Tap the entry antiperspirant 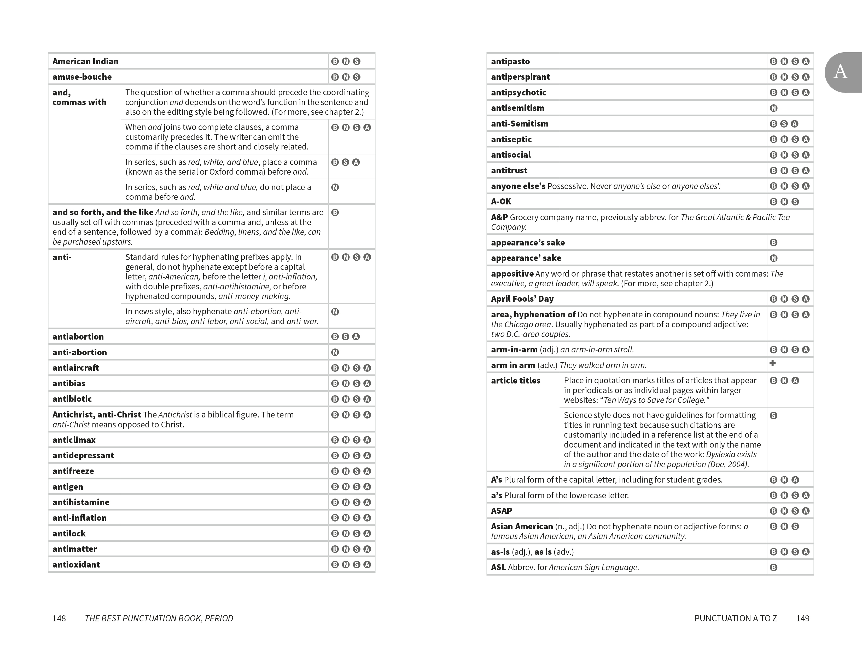(x=520, y=77)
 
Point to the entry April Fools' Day (x=522, y=299)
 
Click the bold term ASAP (x=502, y=511)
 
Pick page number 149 (x=802, y=618)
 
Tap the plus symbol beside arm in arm (x=772, y=363)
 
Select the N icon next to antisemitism (x=773, y=108)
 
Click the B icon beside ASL (x=773, y=568)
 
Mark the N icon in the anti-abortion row (x=335, y=352)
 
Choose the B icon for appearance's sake (x=773, y=243)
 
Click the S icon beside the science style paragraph (x=773, y=415)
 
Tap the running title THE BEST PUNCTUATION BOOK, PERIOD (x=159, y=618)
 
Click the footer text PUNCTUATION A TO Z (x=735, y=618)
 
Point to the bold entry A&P (x=499, y=217)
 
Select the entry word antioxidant (x=76, y=564)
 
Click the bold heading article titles (x=516, y=381)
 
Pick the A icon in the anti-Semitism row (x=795, y=124)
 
